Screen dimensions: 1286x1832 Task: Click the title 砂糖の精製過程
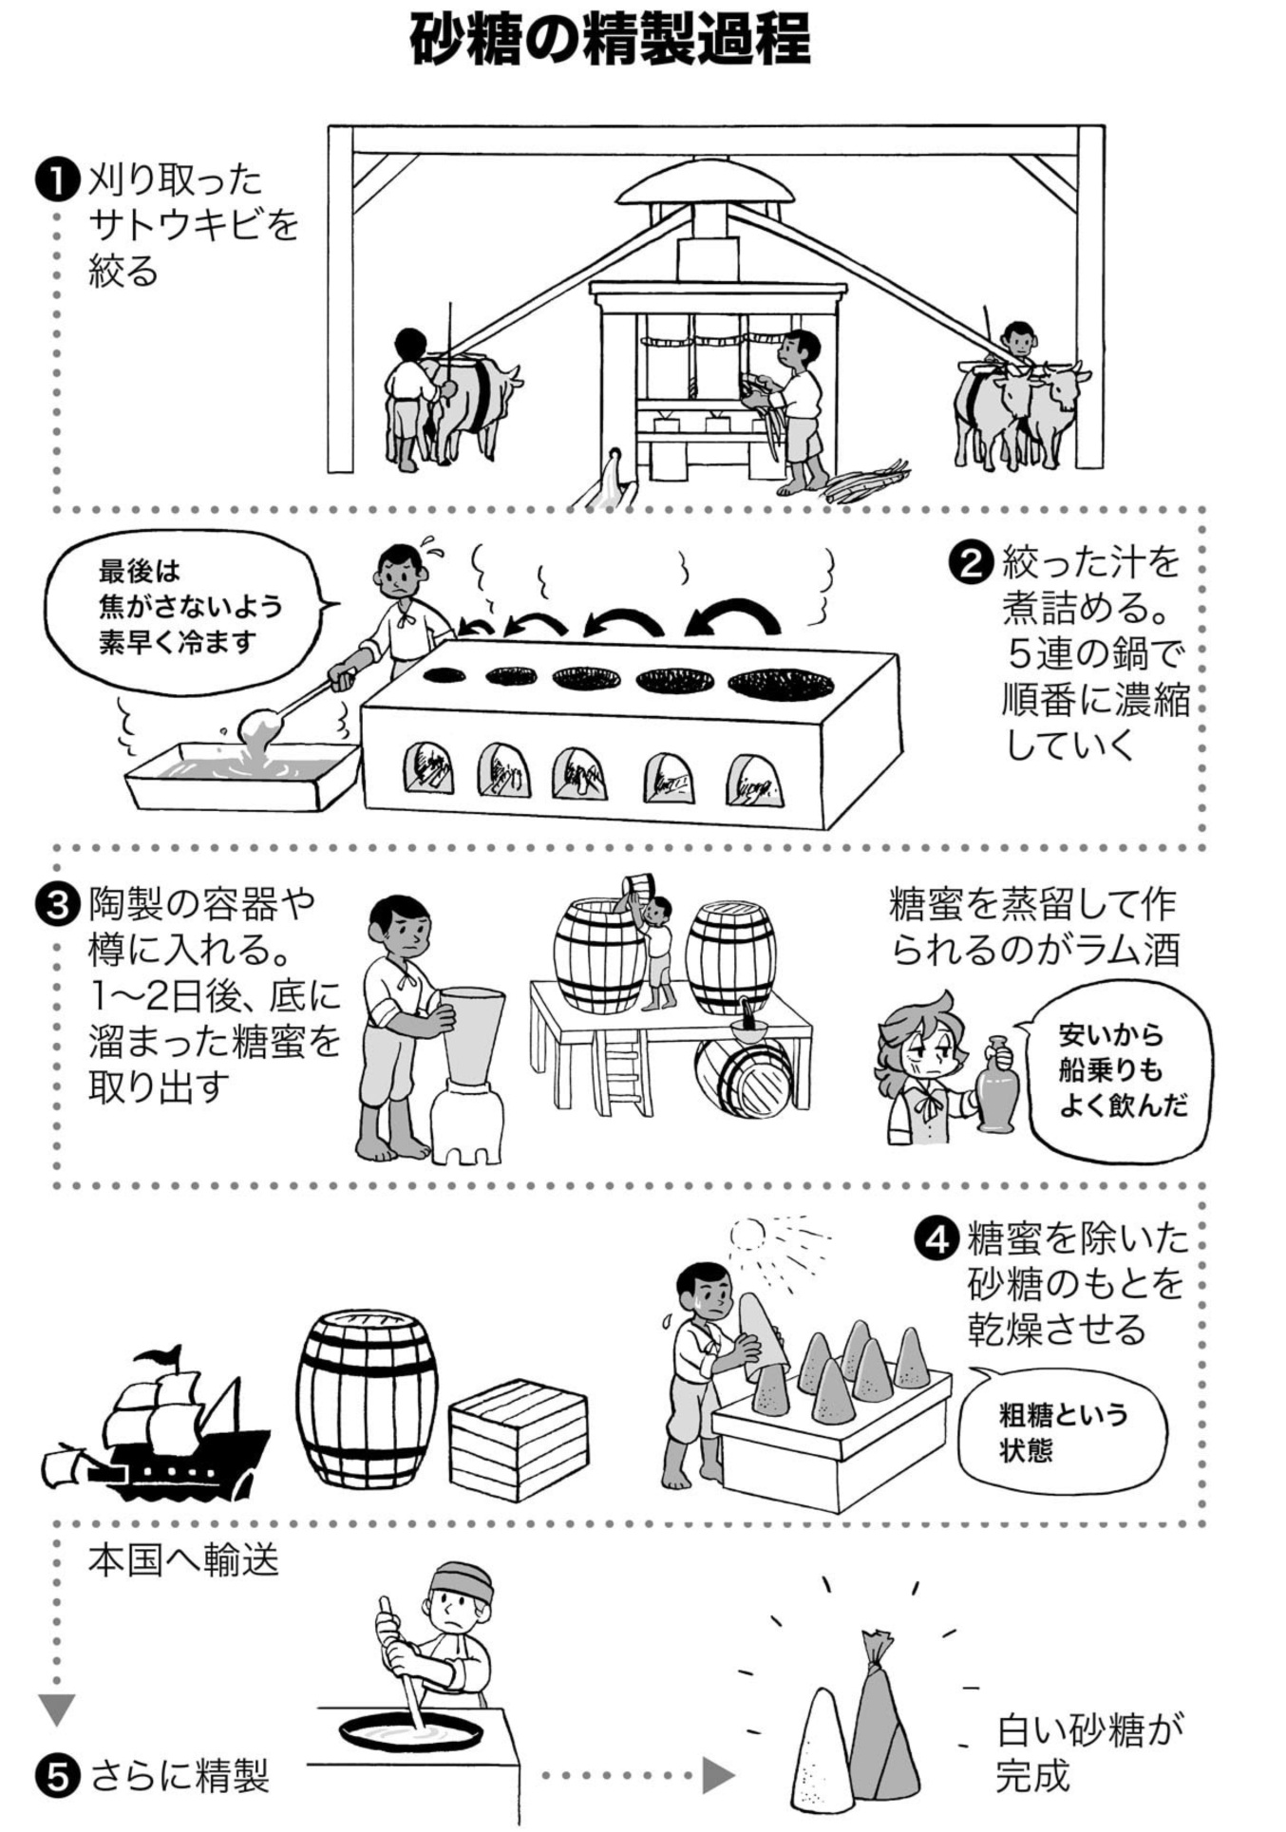[611, 39]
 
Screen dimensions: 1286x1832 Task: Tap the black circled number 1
[57, 180]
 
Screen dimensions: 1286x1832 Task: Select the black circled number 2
[972, 563]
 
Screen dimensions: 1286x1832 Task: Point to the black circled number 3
[57, 904]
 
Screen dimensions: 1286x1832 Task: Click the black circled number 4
[936, 1238]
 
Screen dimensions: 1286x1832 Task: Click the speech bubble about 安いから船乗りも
[1119, 1070]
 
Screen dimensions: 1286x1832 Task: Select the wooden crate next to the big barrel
[519, 1438]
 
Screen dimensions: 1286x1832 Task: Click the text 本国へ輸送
[183, 1559]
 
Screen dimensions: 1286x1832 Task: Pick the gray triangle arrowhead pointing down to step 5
[57, 1709]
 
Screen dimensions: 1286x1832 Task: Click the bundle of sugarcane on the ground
[864, 482]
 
